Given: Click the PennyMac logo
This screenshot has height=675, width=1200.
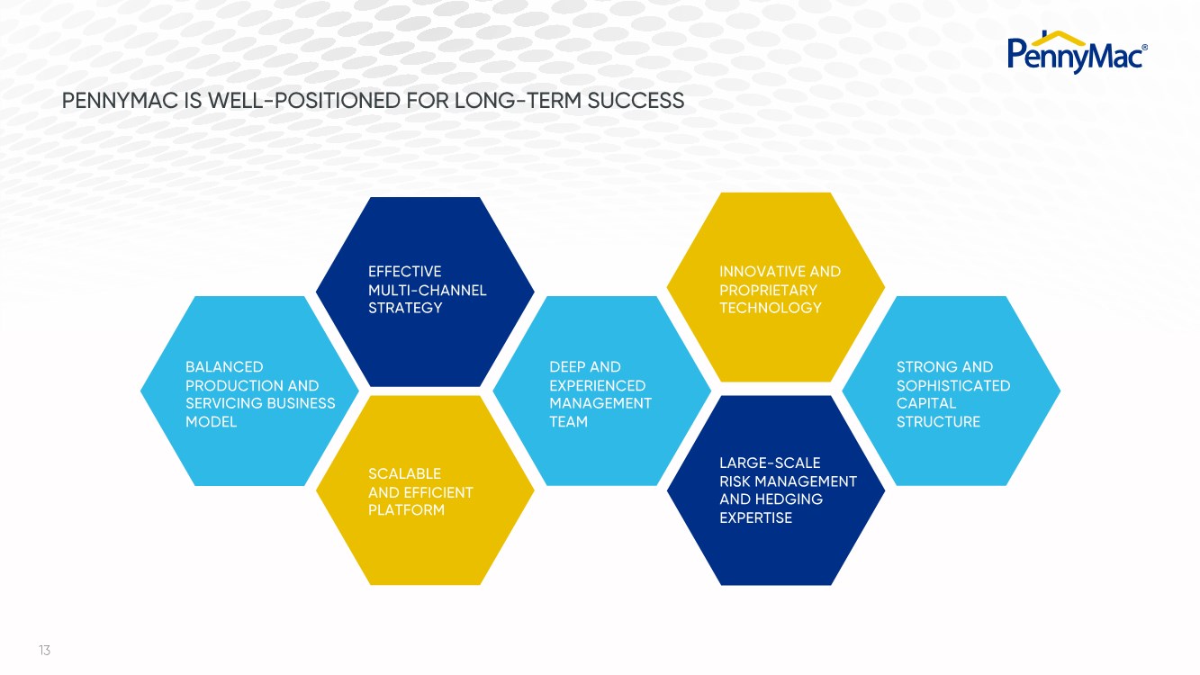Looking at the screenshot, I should [1076, 53].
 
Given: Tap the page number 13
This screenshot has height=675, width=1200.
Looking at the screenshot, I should [44, 650].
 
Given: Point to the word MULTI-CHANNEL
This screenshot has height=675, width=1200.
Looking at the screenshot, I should [427, 290].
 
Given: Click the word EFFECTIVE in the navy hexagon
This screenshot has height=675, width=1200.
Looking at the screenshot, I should [404, 272].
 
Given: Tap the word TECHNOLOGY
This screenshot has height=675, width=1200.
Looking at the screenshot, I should [770, 308].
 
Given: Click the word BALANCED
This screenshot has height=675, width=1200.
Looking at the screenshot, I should [224, 367].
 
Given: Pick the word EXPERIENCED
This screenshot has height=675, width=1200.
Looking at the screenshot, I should [597, 385].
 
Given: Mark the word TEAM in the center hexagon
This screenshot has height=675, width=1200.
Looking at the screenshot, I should [568, 421].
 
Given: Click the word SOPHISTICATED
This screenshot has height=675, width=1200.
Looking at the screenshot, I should [952, 385].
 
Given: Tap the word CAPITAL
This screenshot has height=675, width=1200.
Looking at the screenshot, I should [925, 403].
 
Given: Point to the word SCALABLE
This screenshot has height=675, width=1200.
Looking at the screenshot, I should [404, 473].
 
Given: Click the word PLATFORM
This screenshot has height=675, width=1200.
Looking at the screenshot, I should [406, 510].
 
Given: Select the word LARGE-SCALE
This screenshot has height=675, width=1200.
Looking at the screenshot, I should [770, 463].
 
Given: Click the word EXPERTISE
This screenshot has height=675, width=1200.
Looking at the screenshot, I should [755, 517].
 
